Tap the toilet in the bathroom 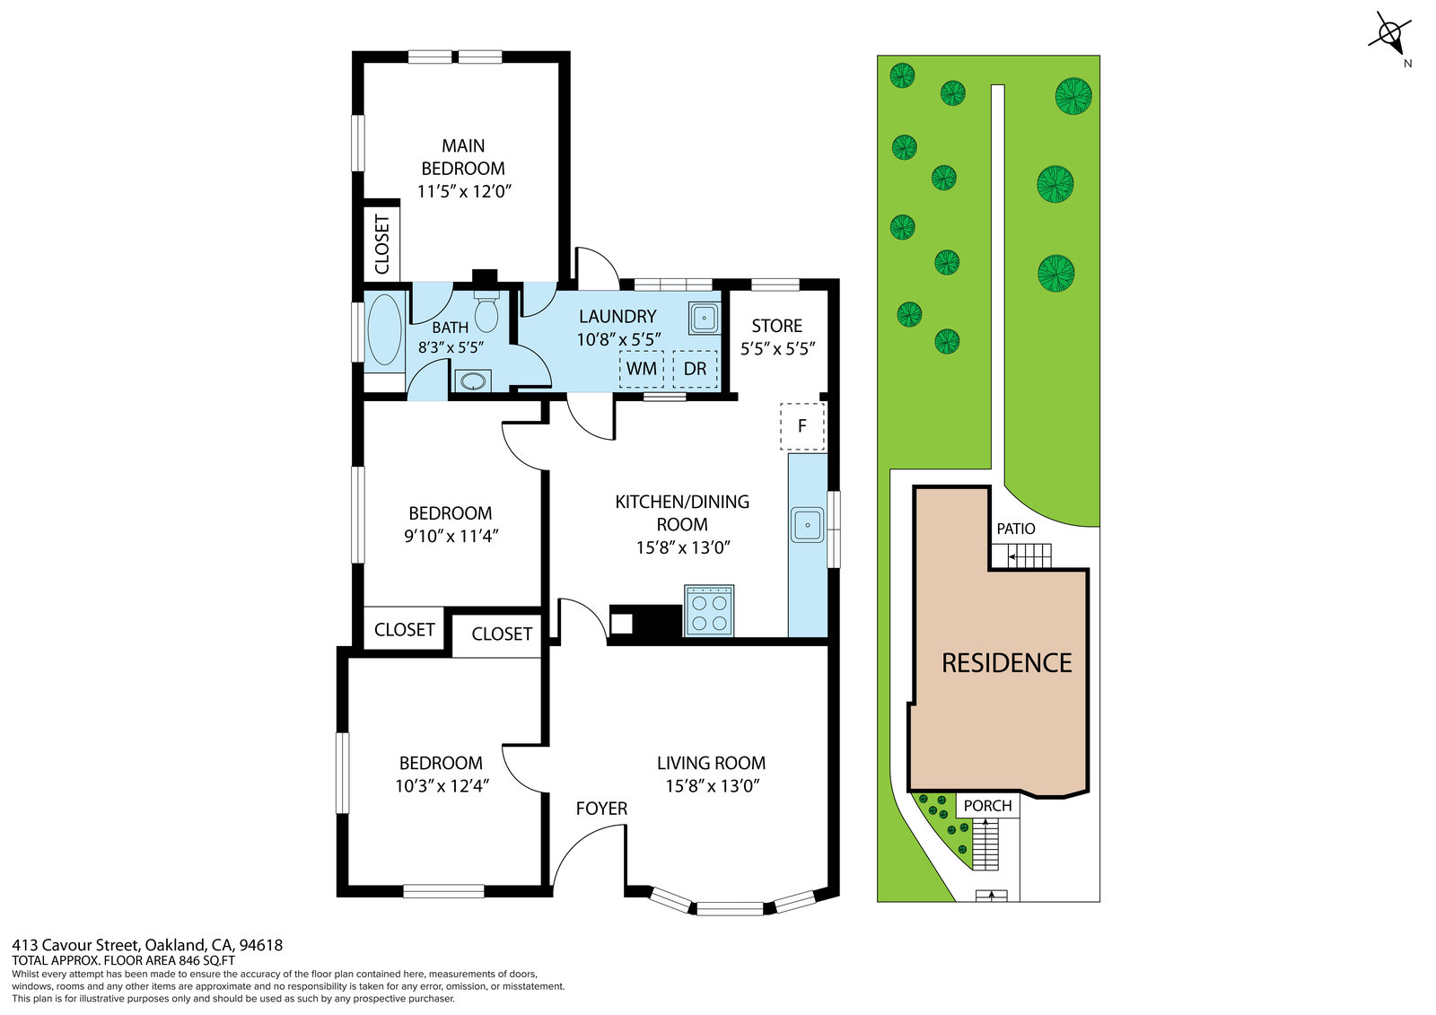486,311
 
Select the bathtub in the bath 385,329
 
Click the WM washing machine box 641,369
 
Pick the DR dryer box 695,369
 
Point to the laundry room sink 704,318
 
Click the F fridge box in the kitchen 802,426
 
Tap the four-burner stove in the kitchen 709,610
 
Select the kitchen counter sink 807,524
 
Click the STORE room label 777,326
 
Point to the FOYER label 601,809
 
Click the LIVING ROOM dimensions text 713,785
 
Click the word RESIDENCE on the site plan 1006,663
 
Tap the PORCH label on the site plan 988,806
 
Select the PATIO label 1015,529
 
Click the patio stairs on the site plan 1022,556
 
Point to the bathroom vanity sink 473,381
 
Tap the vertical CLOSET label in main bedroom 382,244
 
